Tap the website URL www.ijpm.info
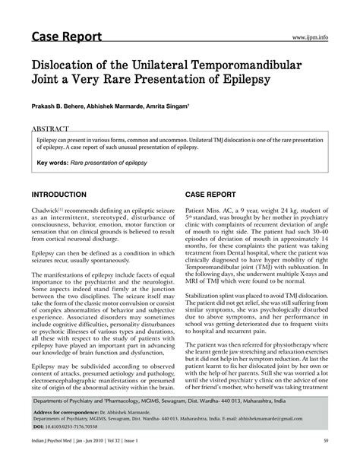point(311,36)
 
